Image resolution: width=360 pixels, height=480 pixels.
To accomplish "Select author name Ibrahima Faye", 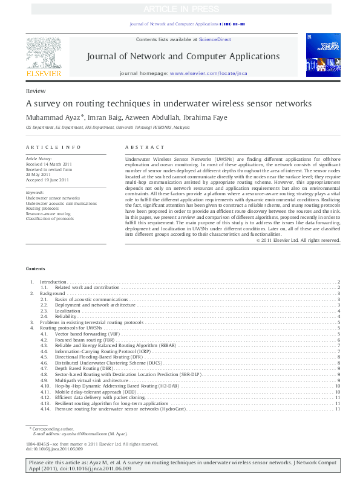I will tap(208, 117).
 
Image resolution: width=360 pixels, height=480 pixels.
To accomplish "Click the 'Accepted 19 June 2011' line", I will tap(48, 180).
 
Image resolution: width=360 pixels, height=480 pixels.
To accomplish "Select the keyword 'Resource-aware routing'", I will tap(48, 214).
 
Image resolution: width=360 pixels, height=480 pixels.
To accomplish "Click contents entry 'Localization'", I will tap(68, 311).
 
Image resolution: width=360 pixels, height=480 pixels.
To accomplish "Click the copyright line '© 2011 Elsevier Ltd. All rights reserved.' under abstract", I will tap(299, 257).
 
